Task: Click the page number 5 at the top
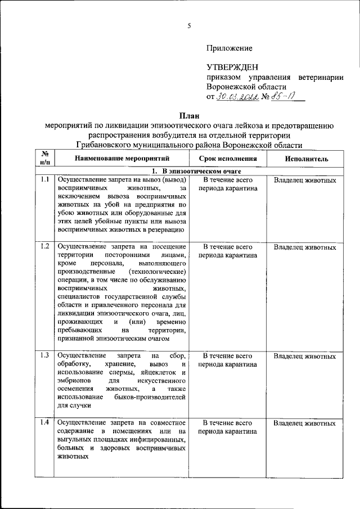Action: click(x=190, y=25)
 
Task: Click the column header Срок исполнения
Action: click(x=227, y=159)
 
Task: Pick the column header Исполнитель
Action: click(x=306, y=159)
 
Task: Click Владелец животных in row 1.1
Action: click(x=305, y=181)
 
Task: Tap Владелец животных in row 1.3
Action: click(x=305, y=356)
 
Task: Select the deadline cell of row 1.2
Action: click(x=227, y=251)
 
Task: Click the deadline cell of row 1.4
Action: click(x=227, y=427)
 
